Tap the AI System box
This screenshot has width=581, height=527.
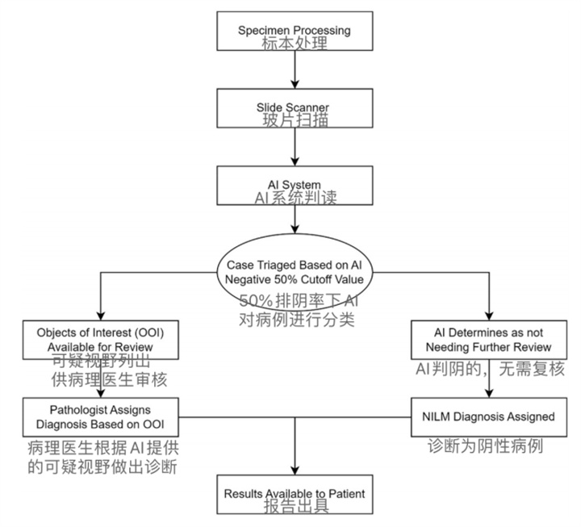pos(295,186)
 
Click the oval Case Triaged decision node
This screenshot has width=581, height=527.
pos(295,271)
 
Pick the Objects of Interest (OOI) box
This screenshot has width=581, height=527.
pos(100,340)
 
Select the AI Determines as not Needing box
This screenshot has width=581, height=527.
pos(491,340)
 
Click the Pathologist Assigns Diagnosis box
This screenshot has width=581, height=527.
pos(99,416)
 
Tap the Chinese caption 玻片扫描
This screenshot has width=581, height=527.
pos(295,121)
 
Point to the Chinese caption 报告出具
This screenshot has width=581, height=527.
pos(295,506)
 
